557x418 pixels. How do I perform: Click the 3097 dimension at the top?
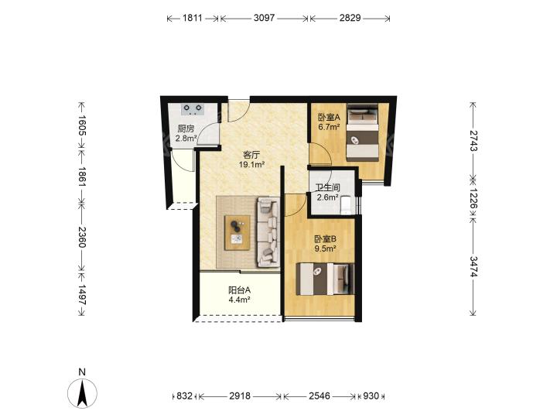click(x=264, y=18)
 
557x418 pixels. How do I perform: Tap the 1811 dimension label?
click(x=192, y=18)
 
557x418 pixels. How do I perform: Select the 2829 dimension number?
click(x=350, y=18)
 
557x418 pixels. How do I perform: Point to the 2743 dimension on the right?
click(x=473, y=141)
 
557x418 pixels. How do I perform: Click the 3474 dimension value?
click(x=473, y=266)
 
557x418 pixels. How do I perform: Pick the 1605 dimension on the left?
click(x=82, y=125)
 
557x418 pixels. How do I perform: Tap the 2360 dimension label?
click(x=82, y=237)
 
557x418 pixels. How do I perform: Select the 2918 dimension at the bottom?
click(x=240, y=396)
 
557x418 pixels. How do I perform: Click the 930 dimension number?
click(x=371, y=396)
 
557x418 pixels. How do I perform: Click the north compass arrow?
click(x=83, y=393)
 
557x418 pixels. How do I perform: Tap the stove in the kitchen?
click(x=192, y=109)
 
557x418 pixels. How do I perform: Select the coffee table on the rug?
click(x=237, y=233)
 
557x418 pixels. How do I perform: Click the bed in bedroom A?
click(x=362, y=132)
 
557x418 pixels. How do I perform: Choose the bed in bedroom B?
click(x=325, y=279)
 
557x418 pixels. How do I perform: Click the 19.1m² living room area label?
click(x=252, y=165)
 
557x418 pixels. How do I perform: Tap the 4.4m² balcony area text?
click(x=239, y=300)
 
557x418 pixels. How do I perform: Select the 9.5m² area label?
click(x=326, y=248)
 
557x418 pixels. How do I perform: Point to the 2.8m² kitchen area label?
click(x=186, y=138)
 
